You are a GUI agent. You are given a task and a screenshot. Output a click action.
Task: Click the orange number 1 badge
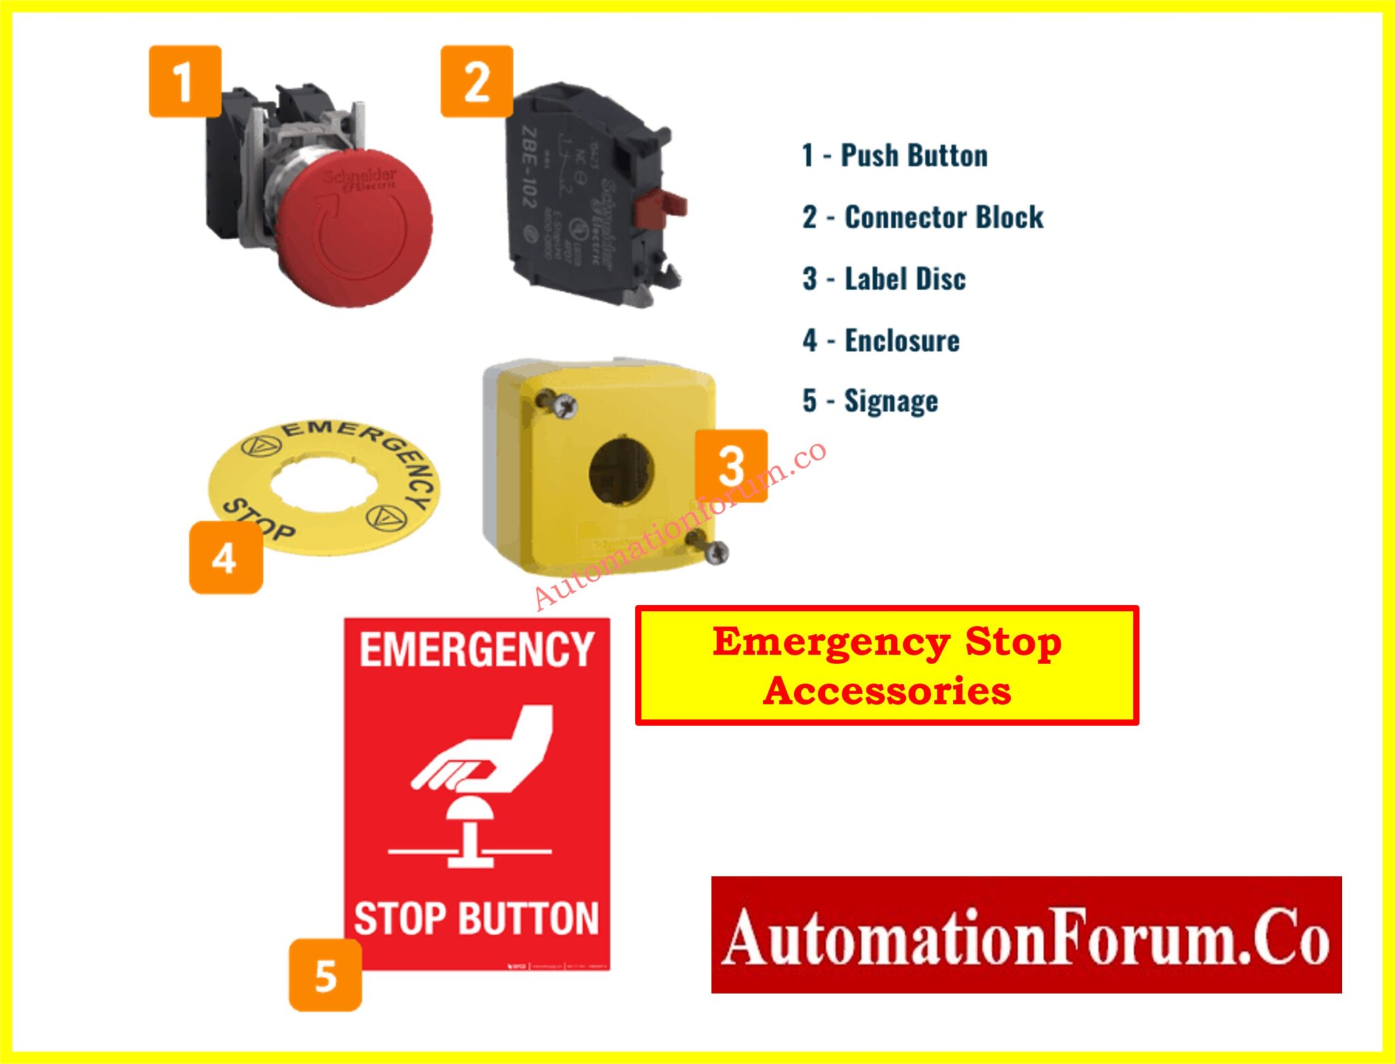click(185, 82)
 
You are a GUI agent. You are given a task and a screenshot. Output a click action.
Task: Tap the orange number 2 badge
click(477, 82)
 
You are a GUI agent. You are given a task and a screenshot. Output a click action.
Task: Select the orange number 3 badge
click(732, 466)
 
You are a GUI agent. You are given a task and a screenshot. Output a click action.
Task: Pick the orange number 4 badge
click(225, 558)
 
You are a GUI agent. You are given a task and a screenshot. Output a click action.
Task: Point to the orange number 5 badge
click(326, 975)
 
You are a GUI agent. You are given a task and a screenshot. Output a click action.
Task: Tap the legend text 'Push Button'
click(913, 155)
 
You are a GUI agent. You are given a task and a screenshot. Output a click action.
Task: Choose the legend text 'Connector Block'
click(943, 217)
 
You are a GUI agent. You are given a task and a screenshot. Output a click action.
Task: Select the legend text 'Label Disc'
click(905, 279)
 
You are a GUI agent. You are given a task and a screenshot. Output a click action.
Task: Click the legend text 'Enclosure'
click(902, 341)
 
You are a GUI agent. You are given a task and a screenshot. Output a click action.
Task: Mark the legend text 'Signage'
click(891, 401)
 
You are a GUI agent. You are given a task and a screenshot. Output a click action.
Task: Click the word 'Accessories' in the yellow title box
click(887, 691)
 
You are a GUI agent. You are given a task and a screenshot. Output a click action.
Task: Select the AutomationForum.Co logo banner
click(1026, 935)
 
